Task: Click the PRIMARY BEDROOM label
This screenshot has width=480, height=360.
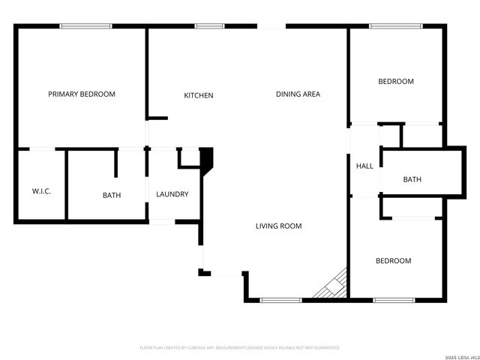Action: coord(82,94)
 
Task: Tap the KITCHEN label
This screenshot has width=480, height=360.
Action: coord(199,95)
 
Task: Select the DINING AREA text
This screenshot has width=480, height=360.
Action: coord(298,94)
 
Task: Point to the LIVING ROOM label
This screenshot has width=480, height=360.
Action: coord(278,226)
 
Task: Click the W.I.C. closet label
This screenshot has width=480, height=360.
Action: coord(41,192)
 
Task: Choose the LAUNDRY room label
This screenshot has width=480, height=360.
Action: coord(172,194)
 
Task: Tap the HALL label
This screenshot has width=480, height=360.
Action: coord(364,166)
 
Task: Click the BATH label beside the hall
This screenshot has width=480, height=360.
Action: coord(412,179)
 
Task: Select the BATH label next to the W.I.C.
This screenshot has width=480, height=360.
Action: coord(112,195)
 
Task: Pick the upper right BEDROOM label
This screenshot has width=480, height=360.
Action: coord(395,81)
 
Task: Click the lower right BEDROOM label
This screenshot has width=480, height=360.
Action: coord(393,260)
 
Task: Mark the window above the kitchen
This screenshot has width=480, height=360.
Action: coord(209,26)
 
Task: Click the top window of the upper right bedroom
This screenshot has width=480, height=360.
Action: coord(395,26)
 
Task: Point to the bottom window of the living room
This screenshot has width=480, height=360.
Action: coord(280,301)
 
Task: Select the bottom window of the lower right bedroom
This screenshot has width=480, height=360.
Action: coord(394,301)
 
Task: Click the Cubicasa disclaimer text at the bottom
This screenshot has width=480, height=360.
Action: coord(240,348)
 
